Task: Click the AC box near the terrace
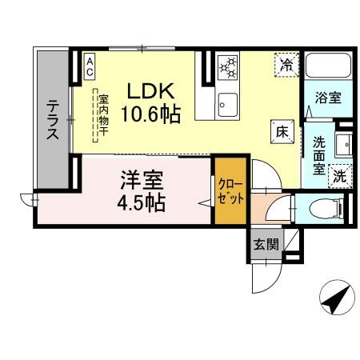(x=90, y=66)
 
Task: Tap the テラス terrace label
(x=53, y=120)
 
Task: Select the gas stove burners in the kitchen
(x=228, y=67)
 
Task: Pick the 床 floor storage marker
(x=282, y=130)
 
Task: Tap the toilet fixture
(x=334, y=209)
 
